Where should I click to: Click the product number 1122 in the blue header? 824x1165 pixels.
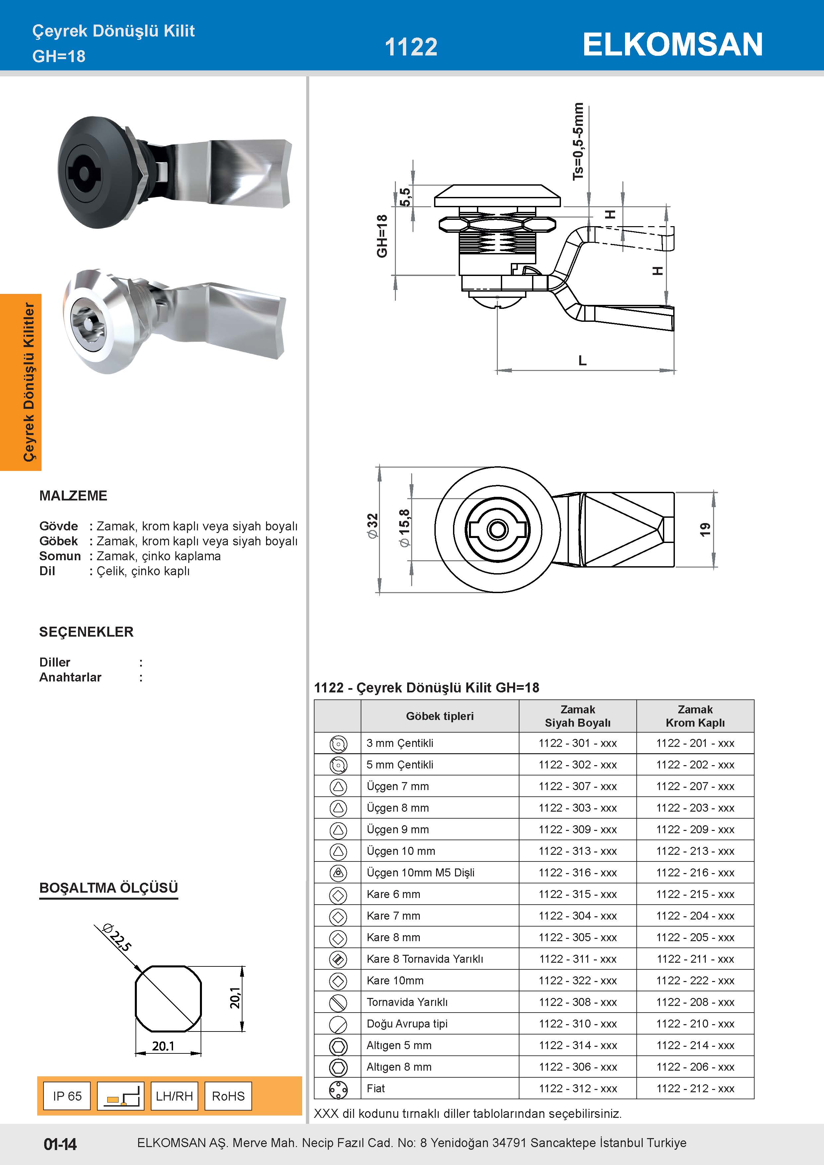click(411, 47)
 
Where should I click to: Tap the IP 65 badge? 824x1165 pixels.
click(67, 1096)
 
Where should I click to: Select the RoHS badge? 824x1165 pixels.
click(228, 1096)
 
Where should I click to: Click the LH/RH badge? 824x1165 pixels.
click(174, 1096)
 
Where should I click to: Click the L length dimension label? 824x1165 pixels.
click(583, 361)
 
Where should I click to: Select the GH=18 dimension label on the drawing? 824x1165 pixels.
click(382, 236)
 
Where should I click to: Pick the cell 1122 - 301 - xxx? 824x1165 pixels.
click(578, 743)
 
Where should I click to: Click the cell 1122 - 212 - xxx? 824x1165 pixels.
click(695, 1088)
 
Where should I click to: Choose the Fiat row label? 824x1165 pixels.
click(376, 1088)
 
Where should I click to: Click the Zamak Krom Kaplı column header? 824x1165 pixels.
click(695, 716)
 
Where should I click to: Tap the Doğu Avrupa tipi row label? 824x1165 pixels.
click(407, 1024)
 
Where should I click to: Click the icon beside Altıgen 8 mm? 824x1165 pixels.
click(338, 1067)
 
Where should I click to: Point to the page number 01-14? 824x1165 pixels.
click(60, 1144)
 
